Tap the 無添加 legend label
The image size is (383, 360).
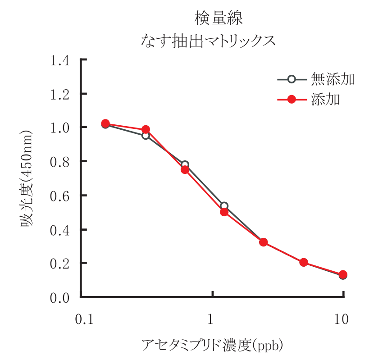coord(333,79)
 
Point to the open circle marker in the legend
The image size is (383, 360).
coord(291,79)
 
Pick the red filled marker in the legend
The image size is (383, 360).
coord(291,99)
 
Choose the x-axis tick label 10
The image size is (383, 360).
coord(342,320)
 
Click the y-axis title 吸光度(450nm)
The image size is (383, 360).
coord(26,179)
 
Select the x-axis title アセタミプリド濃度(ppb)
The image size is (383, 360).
coord(212,346)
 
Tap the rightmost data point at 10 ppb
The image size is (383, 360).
coord(343,275)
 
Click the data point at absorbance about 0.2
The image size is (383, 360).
coord(304,262)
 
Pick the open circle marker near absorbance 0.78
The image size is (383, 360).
coord(185,165)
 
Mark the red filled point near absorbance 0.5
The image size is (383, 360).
coord(224,212)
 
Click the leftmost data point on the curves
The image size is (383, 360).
coord(105,123)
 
